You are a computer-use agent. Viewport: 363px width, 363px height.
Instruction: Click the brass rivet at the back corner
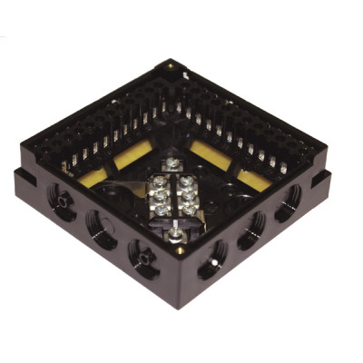(x=171, y=65)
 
